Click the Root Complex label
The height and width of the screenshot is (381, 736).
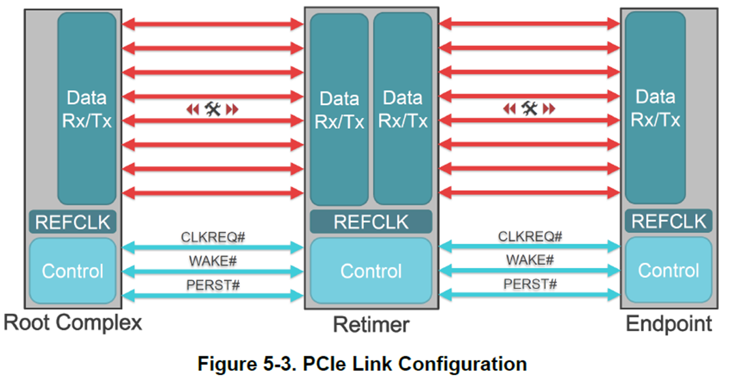click(x=73, y=322)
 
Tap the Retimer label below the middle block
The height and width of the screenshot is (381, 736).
click(x=371, y=325)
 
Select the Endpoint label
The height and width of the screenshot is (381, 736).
click(x=669, y=323)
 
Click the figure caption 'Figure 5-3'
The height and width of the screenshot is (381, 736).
click(x=362, y=363)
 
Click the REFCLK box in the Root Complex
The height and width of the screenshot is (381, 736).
click(x=73, y=222)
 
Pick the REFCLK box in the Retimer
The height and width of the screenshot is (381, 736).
click(x=371, y=222)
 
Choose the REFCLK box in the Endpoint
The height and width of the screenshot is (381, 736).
click(x=668, y=222)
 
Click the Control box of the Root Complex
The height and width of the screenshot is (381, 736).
click(x=73, y=271)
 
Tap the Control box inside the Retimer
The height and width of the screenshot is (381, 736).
click(x=371, y=271)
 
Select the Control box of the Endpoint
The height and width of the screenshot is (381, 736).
click(x=668, y=271)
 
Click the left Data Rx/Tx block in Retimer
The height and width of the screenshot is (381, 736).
click(x=339, y=109)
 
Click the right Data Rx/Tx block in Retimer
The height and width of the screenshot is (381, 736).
click(x=403, y=109)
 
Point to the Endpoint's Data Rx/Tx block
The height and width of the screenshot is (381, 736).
click(x=655, y=108)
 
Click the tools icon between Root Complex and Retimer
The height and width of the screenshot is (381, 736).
click(x=213, y=108)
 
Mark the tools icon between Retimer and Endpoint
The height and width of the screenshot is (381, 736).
click(x=530, y=108)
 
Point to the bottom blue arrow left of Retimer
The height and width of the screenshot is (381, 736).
click(x=213, y=295)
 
